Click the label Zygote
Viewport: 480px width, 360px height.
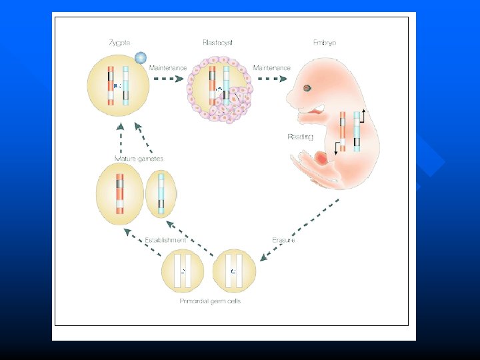tap(120, 43)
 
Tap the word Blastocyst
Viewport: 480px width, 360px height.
tap(217, 43)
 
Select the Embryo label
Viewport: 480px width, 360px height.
tap(325, 43)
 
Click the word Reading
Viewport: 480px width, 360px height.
tap(300, 137)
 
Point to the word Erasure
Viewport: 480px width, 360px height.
tap(283, 240)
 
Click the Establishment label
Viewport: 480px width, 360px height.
tap(166, 240)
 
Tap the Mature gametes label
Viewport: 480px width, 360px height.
tap(139, 159)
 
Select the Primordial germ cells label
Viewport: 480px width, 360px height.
tap(210, 301)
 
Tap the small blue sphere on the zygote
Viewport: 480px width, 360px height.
tap(141, 58)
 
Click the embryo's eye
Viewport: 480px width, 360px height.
tap(307, 88)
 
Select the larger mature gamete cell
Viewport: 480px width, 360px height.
tap(120, 194)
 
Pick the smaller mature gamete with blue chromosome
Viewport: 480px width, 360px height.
tap(161, 194)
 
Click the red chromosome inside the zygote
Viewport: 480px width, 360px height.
tap(111, 85)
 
